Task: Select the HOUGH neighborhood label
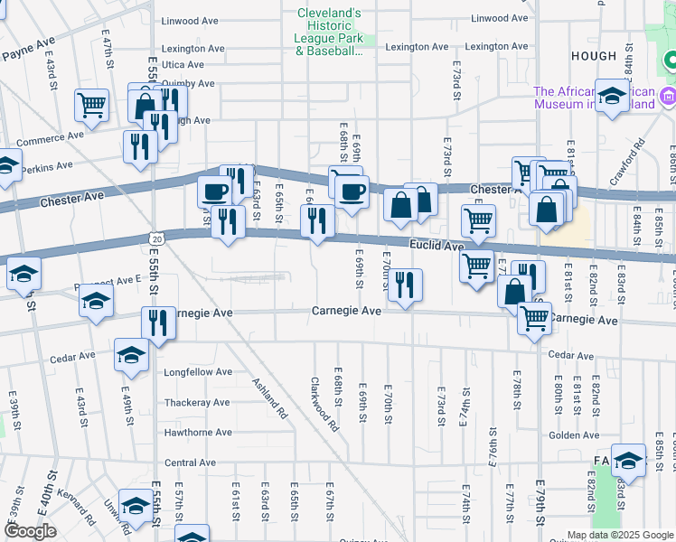[593, 56]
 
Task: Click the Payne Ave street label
[29, 49]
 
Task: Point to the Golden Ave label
[568, 435]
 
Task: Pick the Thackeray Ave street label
[197, 403]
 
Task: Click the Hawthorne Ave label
[198, 433]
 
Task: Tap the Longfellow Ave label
[197, 372]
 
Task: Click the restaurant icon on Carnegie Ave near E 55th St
[158, 322]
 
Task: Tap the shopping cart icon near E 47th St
[92, 106]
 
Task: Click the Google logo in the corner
[30, 531]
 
